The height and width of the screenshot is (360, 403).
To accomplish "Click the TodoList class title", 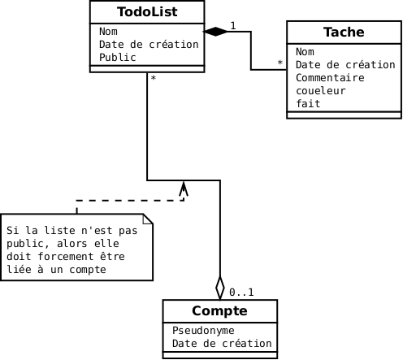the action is (x=147, y=12).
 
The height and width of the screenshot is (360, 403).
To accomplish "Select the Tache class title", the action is (x=344, y=32).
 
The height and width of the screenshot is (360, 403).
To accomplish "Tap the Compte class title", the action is (x=219, y=310).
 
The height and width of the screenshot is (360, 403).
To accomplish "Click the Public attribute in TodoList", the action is (x=118, y=58).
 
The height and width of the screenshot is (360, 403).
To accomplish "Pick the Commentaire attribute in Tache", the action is (x=330, y=78).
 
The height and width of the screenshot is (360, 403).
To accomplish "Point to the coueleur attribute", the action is (x=321, y=91).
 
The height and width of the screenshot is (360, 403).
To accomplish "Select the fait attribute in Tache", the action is (x=308, y=104).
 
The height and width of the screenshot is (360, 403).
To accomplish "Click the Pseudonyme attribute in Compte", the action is (x=203, y=331).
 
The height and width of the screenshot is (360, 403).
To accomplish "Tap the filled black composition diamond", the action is (x=215, y=32).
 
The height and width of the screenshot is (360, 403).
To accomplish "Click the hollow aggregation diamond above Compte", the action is (x=220, y=288).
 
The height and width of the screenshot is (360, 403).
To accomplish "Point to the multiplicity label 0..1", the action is (x=241, y=293).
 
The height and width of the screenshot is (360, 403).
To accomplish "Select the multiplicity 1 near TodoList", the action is (x=233, y=26).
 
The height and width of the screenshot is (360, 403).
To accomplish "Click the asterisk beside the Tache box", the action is (x=280, y=63).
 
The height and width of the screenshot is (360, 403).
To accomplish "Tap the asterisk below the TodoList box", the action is (x=154, y=78).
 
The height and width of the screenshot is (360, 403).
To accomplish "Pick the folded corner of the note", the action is (x=148, y=219).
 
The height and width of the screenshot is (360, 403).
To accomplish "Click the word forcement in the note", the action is (x=66, y=256).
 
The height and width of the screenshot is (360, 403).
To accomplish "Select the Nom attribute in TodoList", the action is (x=108, y=32).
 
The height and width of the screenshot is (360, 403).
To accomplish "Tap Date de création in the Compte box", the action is (x=222, y=344).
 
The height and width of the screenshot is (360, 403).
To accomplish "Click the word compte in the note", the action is (x=88, y=270).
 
